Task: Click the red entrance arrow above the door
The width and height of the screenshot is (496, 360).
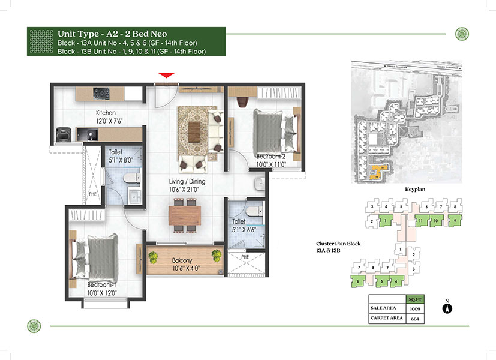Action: click(166, 75)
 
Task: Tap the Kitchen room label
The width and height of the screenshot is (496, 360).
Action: click(106, 113)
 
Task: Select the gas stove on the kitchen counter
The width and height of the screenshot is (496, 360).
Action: click(101, 94)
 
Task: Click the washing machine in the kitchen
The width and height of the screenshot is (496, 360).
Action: click(63, 135)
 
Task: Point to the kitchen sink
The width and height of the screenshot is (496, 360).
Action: click(87, 135)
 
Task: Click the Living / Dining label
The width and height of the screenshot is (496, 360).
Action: click(187, 181)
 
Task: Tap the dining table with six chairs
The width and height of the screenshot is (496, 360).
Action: click(185, 215)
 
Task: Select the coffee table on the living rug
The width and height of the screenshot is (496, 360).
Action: click(194, 132)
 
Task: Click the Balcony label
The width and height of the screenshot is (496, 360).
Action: click(182, 260)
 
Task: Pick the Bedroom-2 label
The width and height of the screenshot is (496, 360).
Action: click(270, 156)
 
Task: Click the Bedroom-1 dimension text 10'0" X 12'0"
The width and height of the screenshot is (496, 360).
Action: click(102, 293)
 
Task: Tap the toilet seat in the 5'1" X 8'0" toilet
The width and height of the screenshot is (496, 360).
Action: click(131, 178)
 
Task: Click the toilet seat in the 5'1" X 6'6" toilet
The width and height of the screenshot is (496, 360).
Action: click(254, 211)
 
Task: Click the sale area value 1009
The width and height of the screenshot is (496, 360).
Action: click(415, 309)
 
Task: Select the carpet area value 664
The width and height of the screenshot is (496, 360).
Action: click(415, 319)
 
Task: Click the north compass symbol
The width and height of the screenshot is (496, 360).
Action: click(447, 308)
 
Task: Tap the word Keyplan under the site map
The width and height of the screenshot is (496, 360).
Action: click(415, 189)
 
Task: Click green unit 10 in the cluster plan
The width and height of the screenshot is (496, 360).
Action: click(436, 220)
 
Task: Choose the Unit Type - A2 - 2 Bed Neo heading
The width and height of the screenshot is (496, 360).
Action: click(112, 34)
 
